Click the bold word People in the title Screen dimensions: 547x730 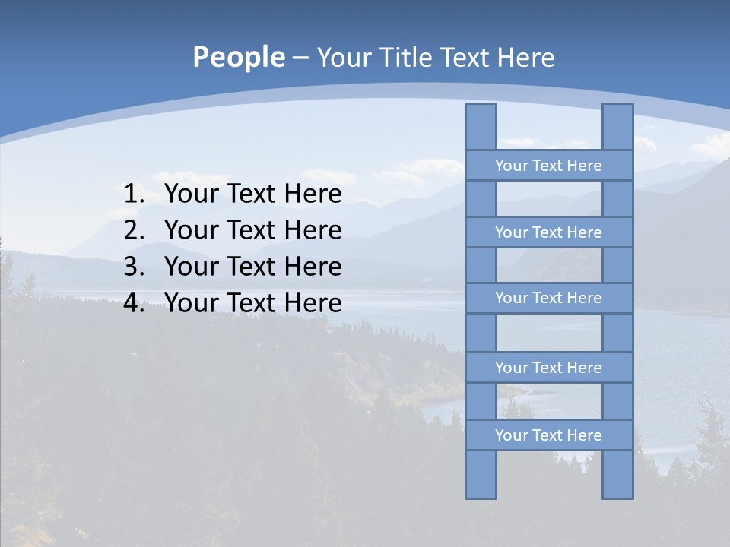[238, 58]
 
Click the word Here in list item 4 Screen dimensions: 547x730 [313, 303]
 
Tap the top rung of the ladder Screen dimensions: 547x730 [548, 166]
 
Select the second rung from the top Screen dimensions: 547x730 [548, 232]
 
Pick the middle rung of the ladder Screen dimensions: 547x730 [548, 299]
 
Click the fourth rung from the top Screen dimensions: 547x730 [548, 368]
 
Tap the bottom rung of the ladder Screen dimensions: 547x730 [548, 435]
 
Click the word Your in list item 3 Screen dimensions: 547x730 [190, 267]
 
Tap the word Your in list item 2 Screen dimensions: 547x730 [190, 230]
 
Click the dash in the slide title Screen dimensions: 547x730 [300, 58]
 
